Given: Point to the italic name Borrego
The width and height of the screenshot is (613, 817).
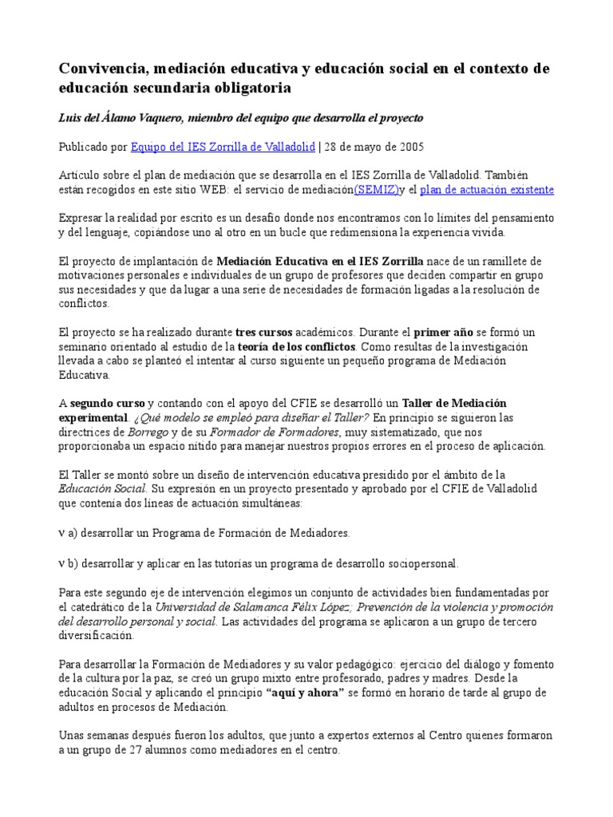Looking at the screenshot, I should coord(148,432).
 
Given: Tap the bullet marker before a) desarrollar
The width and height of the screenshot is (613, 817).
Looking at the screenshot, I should coord(63,531).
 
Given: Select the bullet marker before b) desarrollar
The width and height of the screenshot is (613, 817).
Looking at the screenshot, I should coord(63,563).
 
